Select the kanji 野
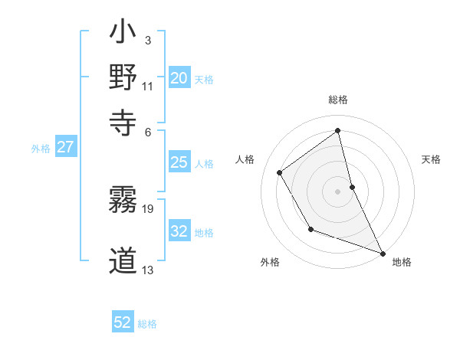tap(123, 79)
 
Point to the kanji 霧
tap(123, 200)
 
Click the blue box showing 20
tap(179, 78)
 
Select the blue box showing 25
tap(179, 162)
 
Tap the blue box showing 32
tap(179, 231)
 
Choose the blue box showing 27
tap(65, 148)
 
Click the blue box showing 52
tap(123, 323)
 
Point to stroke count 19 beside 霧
tap(149, 208)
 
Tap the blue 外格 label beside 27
tap(41, 149)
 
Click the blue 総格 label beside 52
tap(147, 324)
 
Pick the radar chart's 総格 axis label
tap(338, 100)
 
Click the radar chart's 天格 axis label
tap(432, 159)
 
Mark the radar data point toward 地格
tap(383, 254)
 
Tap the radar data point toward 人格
tap(280, 172)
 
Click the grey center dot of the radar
tap(338, 191)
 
